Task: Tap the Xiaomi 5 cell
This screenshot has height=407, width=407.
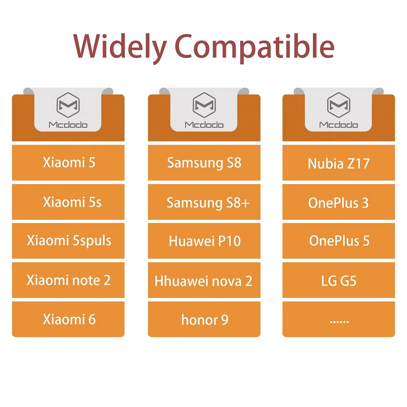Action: pos(68,162)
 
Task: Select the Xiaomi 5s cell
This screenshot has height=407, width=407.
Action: pos(68,202)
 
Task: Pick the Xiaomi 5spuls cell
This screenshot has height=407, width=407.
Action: pos(68,241)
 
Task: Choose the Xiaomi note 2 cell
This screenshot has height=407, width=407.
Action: pos(68,280)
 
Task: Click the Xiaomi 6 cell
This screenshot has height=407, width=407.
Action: pos(68,319)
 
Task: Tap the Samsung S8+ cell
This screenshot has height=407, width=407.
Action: pos(204,202)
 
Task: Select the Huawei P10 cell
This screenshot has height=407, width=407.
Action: pos(204,241)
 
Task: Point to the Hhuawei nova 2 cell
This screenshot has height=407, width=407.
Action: pos(204,280)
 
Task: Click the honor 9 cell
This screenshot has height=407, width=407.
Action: pos(204,319)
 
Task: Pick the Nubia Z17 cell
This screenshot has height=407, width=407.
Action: pos(339,163)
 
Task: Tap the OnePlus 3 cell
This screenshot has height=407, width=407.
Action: pos(339,202)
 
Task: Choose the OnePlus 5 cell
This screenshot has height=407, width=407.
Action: pos(339,241)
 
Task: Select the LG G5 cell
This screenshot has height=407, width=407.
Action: pos(339,280)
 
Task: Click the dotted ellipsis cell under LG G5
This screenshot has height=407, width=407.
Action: pos(339,319)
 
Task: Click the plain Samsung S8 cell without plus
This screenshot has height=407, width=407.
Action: pos(204,162)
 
